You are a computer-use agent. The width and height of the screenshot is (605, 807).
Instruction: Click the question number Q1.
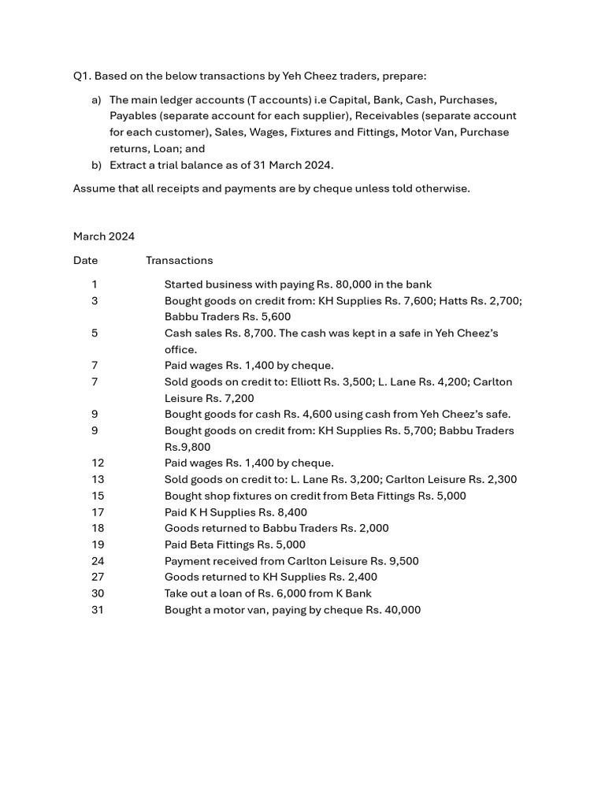(x=81, y=76)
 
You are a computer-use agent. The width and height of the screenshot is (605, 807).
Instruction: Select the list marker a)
(x=96, y=100)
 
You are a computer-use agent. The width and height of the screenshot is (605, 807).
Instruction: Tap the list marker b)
(x=96, y=165)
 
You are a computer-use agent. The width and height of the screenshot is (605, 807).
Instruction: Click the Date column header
(x=85, y=261)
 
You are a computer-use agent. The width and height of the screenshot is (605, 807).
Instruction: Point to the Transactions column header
(x=179, y=261)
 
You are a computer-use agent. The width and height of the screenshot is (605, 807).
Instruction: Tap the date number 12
(x=97, y=463)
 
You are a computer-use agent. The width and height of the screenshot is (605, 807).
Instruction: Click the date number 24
(x=97, y=561)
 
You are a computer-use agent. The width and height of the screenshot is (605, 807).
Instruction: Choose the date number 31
(x=97, y=610)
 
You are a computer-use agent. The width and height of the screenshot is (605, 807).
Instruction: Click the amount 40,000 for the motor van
(x=402, y=610)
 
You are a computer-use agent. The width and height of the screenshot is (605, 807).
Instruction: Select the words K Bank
(x=353, y=593)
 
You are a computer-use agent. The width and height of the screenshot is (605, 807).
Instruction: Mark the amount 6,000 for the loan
(x=286, y=593)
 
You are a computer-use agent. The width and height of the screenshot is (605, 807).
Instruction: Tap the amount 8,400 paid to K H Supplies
(x=291, y=512)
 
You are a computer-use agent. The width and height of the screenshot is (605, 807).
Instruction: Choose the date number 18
(x=97, y=529)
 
